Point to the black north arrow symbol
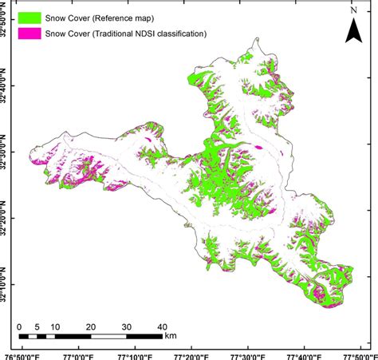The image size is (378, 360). [x=353, y=31]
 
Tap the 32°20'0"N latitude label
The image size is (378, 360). [x=7, y=215]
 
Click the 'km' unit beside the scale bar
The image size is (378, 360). [x=170, y=337]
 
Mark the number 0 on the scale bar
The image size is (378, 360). [x=19, y=327]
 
